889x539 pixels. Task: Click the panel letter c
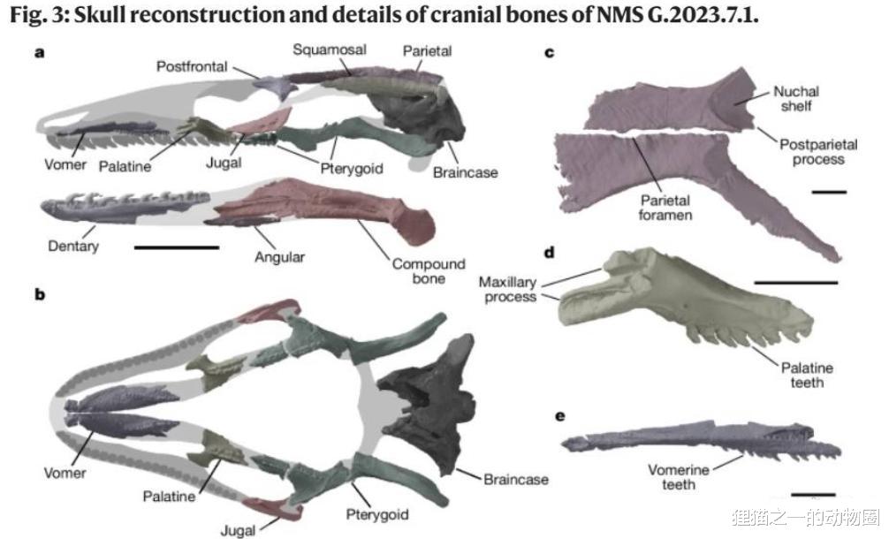[x=549, y=53]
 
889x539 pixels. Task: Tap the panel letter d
[x=549, y=253]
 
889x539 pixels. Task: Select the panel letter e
[x=549, y=414]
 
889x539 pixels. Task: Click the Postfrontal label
[x=191, y=66]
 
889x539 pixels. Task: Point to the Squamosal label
[x=330, y=49]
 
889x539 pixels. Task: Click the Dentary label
[x=73, y=246]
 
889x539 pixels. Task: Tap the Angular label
[x=279, y=257]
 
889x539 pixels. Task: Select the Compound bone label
[x=429, y=271]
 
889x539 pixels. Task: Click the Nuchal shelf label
[x=796, y=98]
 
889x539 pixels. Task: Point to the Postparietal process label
[x=812, y=151]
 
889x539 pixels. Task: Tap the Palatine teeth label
[x=806, y=375]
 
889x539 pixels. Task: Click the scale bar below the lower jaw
[x=176, y=247]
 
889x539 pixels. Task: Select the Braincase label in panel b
[x=516, y=480]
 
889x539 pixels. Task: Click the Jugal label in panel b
[x=238, y=530]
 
